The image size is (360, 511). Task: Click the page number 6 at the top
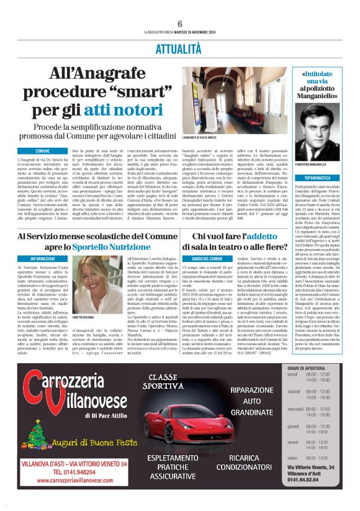click(179, 23)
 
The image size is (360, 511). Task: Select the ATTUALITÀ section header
click(180, 47)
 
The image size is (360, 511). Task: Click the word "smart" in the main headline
click(125, 93)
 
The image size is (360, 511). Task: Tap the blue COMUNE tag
click(43, 151)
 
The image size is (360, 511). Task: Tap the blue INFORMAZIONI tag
click(43, 258)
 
